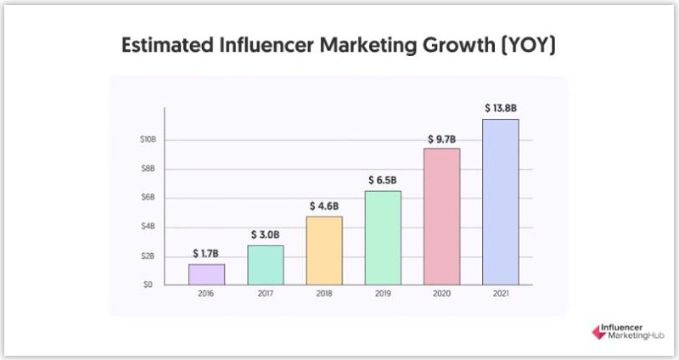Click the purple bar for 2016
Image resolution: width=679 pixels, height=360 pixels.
pos(206,274)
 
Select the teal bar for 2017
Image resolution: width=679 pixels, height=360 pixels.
pos(266,265)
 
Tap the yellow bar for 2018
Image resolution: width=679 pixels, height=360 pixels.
pos(324,250)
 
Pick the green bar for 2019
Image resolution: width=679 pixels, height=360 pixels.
pos(383,238)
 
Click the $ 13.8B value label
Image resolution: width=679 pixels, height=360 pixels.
pos(501,109)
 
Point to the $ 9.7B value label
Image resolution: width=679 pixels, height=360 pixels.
pos(441,138)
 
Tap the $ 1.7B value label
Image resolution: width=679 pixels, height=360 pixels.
pos(207,252)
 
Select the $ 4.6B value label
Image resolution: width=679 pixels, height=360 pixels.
pos(324,206)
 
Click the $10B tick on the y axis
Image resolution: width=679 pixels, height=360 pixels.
pos(147,139)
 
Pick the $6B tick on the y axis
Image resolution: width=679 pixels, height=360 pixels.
pos(149,197)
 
